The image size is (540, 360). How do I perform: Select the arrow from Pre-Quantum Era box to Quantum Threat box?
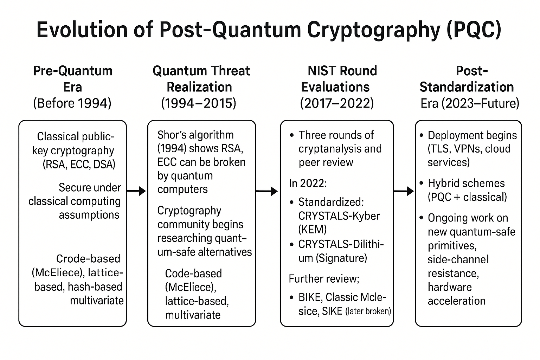136,191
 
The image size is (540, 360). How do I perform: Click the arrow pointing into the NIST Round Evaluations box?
267,191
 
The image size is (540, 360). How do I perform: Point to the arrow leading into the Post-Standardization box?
404,191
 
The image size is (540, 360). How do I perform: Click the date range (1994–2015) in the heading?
199,103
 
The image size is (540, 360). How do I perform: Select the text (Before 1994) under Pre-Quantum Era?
72,103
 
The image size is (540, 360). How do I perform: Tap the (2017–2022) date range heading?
337,103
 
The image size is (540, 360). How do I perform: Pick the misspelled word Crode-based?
88,259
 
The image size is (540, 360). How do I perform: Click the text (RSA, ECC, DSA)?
79,165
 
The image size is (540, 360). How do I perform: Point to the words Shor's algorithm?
195,135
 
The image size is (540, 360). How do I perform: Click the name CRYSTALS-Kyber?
339,216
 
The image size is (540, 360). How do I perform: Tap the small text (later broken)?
368,311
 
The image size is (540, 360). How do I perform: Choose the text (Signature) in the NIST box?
341,258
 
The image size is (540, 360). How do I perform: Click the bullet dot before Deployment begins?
422,135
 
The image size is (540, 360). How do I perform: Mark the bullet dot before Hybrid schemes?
422,184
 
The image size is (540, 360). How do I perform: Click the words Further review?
324,279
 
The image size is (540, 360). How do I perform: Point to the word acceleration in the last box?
456,301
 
